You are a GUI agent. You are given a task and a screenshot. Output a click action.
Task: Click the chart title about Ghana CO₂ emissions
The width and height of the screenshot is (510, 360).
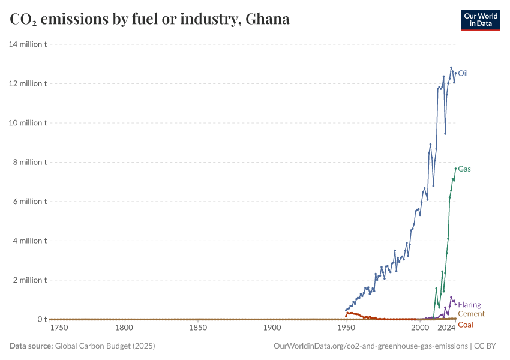pyautogui.click(x=150, y=19)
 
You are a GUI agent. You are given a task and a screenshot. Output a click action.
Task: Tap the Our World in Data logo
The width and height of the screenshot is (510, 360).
pyautogui.click(x=480, y=20)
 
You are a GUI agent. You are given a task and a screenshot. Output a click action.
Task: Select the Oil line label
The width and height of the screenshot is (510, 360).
pyautogui.click(x=463, y=74)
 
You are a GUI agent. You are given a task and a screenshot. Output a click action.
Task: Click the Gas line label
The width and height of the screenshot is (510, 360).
pyautogui.click(x=464, y=169)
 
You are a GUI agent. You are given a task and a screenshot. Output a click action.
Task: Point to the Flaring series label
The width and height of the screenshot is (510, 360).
pyautogui.click(x=469, y=305)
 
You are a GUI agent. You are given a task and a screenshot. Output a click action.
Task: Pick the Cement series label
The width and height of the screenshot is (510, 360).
pyautogui.click(x=471, y=314)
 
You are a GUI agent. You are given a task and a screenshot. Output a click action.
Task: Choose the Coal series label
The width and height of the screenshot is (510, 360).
pyautogui.click(x=465, y=325)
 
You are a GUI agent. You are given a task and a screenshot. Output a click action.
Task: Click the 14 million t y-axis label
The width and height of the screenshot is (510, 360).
pyautogui.click(x=28, y=44)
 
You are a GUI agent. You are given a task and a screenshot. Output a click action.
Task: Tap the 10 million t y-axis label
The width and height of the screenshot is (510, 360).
pyautogui.click(x=28, y=123)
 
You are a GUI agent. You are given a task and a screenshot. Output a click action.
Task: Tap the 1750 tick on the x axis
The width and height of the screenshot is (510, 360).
pyautogui.click(x=59, y=328)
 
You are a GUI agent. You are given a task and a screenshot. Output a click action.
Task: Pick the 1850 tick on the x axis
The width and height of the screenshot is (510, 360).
pyautogui.click(x=198, y=328)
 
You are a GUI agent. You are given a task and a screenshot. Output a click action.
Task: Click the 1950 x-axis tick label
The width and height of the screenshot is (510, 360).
pyautogui.click(x=346, y=328)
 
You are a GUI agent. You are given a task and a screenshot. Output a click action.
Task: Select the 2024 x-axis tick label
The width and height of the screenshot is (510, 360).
pyautogui.click(x=446, y=328)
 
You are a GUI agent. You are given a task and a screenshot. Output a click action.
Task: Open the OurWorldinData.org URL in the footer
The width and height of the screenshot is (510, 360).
pyautogui.click(x=370, y=346)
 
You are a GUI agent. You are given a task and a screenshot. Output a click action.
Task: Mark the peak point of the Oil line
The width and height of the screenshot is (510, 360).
pyautogui.click(x=451, y=68)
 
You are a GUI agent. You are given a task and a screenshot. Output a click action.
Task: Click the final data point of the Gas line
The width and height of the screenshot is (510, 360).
pyautogui.click(x=455, y=169)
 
